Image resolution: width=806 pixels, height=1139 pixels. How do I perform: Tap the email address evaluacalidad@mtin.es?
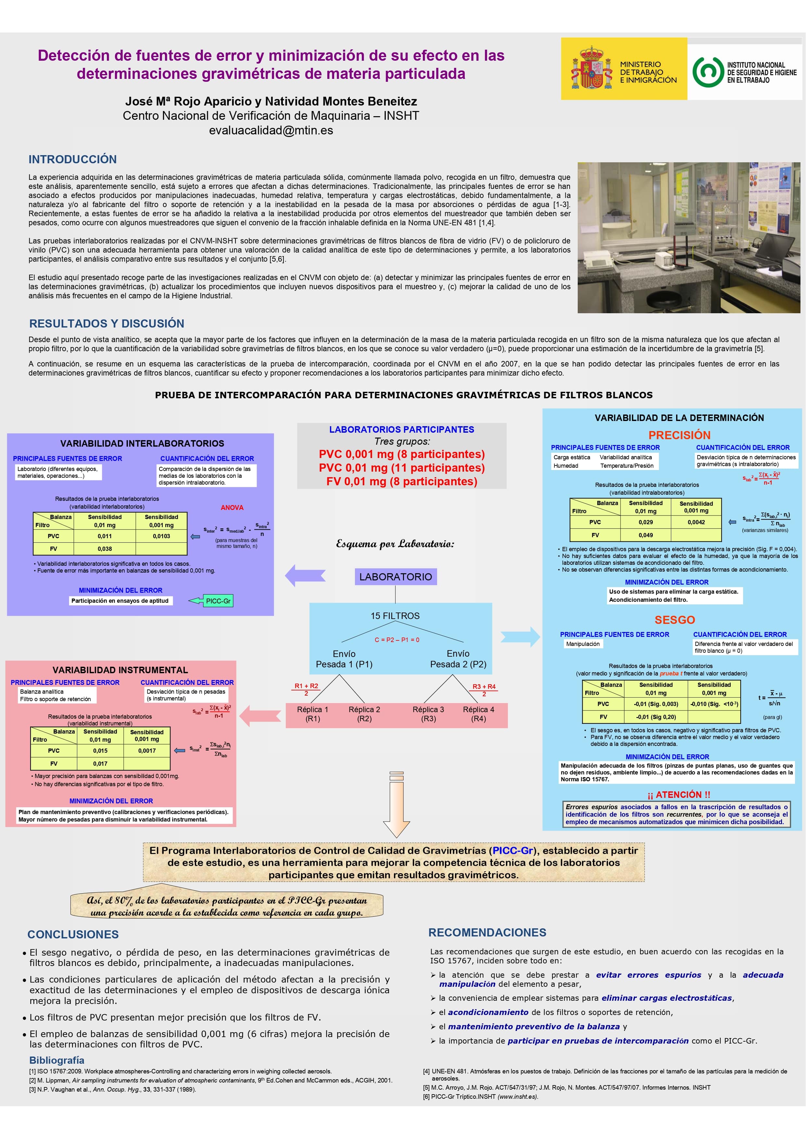coord(271,130)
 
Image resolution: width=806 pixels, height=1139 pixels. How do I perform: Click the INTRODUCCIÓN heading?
coord(72,159)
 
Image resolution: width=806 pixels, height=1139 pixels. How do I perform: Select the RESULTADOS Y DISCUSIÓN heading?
coord(107,323)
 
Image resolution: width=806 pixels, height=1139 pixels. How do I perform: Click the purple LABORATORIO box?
coord(396,576)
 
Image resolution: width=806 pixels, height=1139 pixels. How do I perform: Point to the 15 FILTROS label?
coord(395,616)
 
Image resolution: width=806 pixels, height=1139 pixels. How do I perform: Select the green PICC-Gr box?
coord(218,601)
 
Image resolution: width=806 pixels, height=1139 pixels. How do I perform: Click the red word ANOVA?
coord(232,507)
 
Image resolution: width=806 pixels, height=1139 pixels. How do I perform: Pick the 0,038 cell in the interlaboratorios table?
coord(105,549)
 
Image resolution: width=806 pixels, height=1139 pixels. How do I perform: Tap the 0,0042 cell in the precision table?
coord(696,522)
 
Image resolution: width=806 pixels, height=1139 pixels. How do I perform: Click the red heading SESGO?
coord(674,620)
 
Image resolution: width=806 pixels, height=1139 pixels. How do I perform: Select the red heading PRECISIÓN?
coord(679,435)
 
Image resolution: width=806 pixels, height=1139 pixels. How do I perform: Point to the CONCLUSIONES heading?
coord(73,935)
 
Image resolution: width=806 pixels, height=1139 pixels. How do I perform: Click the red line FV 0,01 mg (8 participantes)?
coord(401,481)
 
